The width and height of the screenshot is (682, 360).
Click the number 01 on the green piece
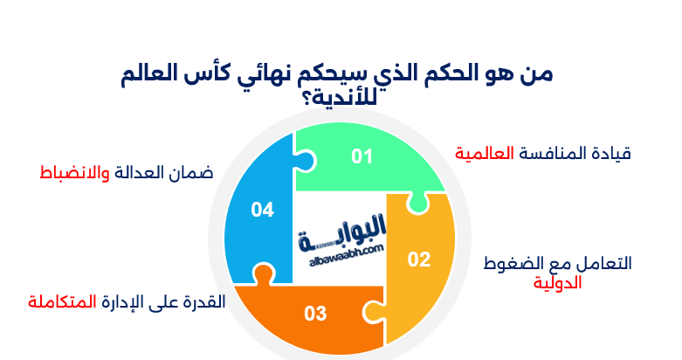362,156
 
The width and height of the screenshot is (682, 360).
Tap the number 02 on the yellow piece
419,259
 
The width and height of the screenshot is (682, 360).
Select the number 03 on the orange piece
315,313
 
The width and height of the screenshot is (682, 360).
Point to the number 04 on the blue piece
263,210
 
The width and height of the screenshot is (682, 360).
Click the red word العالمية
484,154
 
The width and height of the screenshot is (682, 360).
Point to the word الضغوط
513,263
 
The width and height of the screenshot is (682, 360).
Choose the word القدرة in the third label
203,302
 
